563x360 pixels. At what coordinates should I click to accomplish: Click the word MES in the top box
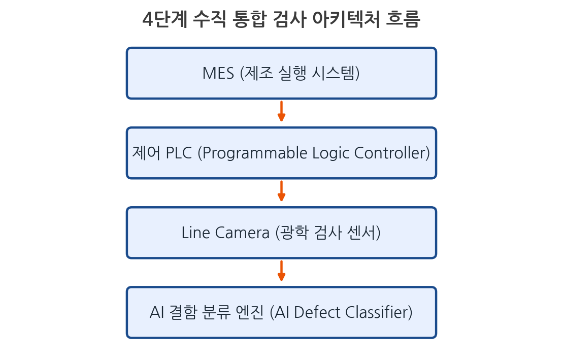218,73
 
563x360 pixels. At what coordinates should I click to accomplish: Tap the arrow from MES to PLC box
281,111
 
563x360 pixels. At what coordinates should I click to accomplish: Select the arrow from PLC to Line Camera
281,191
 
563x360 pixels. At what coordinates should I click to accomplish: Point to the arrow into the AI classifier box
281,271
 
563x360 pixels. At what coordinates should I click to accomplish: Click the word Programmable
255,153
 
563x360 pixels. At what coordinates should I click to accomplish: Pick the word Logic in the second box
330,153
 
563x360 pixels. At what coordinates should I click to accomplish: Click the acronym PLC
179,153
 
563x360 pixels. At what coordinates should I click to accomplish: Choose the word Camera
242,233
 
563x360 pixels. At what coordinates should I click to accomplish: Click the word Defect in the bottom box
317,313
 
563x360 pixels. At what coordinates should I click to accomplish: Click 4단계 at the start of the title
165,19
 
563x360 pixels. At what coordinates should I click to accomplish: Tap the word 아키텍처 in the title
346,19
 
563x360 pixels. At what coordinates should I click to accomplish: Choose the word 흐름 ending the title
403,19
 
